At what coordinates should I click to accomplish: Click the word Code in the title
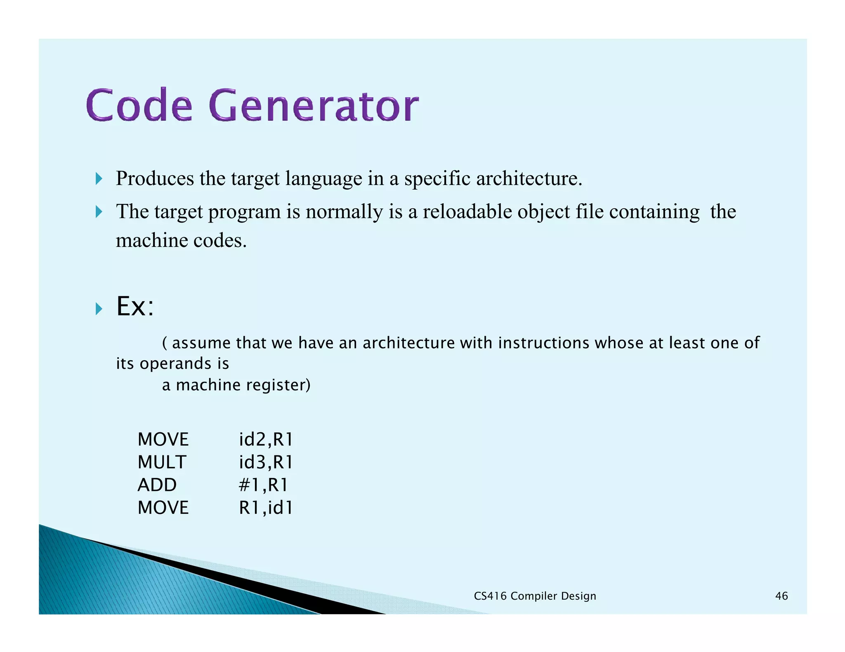(139, 106)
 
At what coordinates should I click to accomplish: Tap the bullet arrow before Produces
(99, 179)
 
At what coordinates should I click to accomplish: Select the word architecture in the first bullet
(529, 179)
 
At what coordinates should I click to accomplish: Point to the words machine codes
(181, 240)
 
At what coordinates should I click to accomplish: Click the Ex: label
(135, 307)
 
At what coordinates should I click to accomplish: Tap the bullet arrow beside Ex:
(99, 308)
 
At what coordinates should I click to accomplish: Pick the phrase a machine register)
(236, 385)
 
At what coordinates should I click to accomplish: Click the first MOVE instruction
(163, 439)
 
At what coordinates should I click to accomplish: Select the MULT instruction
(162, 462)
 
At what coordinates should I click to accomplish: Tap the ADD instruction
(157, 485)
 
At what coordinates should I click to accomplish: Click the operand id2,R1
(266, 439)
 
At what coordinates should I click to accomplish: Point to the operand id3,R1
(266, 462)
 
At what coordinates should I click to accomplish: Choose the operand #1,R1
(263, 485)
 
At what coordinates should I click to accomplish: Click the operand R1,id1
(266, 507)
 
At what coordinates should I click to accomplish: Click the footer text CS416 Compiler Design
(535, 596)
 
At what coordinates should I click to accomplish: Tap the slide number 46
(781, 596)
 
